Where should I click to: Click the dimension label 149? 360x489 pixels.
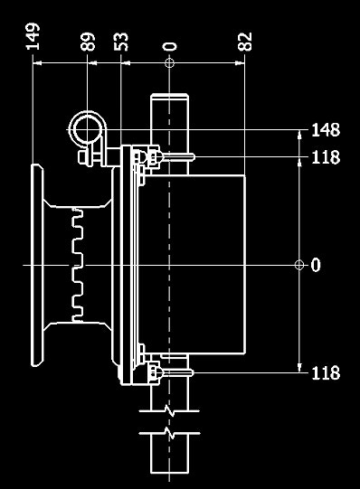(33, 36)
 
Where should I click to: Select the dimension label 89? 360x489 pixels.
(88, 42)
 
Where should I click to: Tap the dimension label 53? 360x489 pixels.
(121, 42)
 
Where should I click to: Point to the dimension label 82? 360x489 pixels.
(245, 42)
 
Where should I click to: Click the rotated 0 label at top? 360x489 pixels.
(170, 46)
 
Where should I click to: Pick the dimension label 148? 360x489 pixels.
(326, 130)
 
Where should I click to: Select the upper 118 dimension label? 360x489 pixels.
(326, 157)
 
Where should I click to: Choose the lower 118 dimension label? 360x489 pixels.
(326, 373)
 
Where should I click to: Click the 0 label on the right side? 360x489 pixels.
(316, 265)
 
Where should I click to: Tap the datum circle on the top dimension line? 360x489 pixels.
(169, 63)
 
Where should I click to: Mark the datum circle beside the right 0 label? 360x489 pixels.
(298, 265)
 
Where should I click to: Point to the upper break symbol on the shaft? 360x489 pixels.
(169, 411)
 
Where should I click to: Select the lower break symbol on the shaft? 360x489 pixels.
(169, 433)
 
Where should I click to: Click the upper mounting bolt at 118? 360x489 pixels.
(165, 157)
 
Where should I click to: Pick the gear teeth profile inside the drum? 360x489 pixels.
(78, 265)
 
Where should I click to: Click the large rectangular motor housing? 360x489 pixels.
(193, 265)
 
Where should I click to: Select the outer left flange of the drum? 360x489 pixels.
(37, 265)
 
